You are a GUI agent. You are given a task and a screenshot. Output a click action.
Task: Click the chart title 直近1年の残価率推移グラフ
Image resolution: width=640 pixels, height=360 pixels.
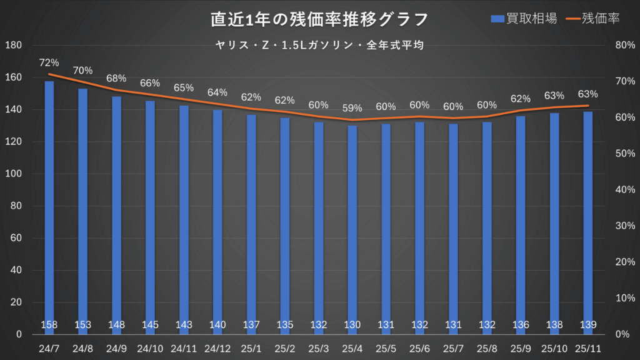coord(319,19)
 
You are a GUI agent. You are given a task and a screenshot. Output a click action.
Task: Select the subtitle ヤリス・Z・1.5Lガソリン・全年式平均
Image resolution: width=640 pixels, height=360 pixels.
coord(319,45)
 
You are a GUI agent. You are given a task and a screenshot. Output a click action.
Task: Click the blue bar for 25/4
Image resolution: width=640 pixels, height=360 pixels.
coord(352,225)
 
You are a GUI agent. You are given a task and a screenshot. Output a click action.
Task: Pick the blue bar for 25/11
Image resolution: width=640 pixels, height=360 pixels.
coord(588,219)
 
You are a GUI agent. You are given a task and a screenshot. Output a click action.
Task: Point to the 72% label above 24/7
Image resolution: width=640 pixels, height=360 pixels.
coord(49,62)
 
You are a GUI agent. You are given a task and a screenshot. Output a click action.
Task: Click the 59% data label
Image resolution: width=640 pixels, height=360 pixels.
coord(352,108)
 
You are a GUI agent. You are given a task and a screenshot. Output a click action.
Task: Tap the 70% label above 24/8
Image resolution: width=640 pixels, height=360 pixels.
coord(82,70)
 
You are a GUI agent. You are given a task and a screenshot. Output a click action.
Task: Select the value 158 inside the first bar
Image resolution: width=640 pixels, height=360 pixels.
coord(49,324)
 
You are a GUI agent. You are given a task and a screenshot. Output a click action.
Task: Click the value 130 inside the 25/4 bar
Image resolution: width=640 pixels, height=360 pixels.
coord(352,324)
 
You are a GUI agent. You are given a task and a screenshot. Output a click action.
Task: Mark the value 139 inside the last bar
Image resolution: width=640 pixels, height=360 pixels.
coord(588,324)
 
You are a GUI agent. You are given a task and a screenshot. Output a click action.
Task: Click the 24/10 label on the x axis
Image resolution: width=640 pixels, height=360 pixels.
coord(150,347)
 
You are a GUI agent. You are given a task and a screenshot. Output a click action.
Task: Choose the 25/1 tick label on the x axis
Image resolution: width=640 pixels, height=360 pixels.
coord(251,347)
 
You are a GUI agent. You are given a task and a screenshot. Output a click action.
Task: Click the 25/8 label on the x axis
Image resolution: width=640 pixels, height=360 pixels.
coord(487,347)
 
